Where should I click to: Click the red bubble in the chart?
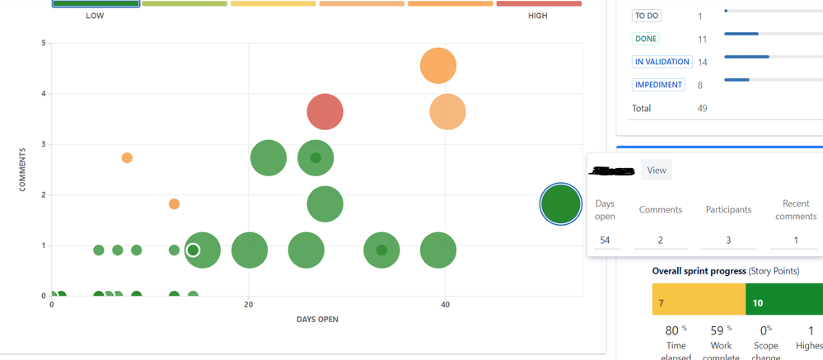325,112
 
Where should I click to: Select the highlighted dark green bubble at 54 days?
561,204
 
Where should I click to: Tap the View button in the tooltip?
657,171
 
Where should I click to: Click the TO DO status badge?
647,16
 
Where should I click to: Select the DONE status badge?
646,39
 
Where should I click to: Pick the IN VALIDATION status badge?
662,62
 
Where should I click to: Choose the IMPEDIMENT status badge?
658,85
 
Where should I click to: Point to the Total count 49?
702,108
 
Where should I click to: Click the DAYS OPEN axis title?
317,320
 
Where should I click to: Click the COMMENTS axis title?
23,170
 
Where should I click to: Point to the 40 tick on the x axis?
446,305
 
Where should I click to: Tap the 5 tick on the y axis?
43,43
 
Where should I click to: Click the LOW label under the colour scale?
95,16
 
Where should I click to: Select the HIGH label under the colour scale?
537,16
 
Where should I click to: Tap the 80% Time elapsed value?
675,331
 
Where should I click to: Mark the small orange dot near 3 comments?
127,158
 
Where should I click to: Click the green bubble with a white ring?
193,250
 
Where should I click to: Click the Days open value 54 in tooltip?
605,240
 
